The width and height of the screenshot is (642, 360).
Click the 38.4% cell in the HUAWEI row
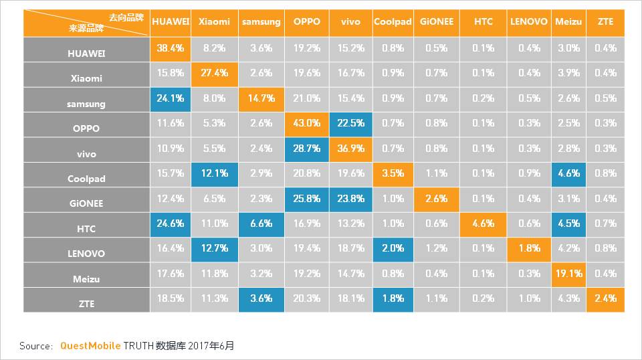coord(171,48)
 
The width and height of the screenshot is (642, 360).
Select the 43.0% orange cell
coord(306,123)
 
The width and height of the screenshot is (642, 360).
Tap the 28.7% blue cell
coord(306,149)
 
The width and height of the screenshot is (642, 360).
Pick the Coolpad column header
coord(393,21)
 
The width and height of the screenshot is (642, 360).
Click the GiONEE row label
coord(86,203)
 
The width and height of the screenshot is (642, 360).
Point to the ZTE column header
coord(605,21)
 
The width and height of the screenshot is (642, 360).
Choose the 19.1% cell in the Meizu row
coord(569,274)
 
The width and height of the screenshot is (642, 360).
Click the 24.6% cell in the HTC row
coord(171,223)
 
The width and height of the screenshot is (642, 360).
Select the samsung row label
coord(86,104)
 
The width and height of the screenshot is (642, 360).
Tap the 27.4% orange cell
coord(214,73)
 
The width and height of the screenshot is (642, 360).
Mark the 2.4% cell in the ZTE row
coord(605,298)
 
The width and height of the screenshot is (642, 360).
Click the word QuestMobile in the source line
coord(90,346)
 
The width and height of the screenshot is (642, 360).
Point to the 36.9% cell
coord(350,149)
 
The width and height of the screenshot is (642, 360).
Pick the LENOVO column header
coord(528,21)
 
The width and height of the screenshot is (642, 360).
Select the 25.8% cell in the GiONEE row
coord(306,199)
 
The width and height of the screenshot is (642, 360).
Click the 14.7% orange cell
coord(261,98)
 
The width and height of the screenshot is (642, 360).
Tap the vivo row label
coord(86,154)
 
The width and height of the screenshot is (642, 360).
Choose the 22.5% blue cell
coord(350,123)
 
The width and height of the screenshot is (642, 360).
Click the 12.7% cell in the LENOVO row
coord(214,248)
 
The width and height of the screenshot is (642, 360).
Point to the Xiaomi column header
coord(214,21)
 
